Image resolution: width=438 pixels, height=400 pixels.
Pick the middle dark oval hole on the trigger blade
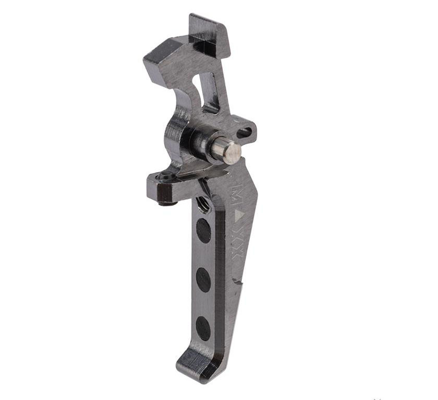click(x=203, y=280)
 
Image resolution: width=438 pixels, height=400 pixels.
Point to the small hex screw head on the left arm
click(x=165, y=178)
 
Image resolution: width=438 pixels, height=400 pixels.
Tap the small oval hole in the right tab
click(x=244, y=133)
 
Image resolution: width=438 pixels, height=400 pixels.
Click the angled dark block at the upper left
click(x=164, y=60)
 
